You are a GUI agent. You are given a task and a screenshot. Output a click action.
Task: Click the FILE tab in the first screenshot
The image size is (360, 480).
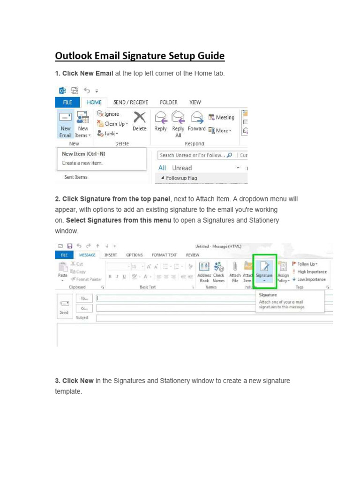coord(67,102)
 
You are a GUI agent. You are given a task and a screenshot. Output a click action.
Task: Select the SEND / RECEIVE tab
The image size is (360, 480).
coord(130,102)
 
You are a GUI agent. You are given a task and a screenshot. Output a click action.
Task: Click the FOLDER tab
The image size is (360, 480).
coord(168,102)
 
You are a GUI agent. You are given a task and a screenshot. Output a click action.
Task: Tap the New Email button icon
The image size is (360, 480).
coord(65,118)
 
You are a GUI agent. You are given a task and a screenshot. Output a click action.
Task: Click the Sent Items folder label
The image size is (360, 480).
coord(75,177)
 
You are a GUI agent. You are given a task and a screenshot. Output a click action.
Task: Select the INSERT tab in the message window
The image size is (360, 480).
coord(111,255)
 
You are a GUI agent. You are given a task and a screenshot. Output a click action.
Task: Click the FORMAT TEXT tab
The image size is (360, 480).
coord(164,255)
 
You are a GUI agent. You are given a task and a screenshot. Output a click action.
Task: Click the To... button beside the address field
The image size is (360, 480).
coord(84,298)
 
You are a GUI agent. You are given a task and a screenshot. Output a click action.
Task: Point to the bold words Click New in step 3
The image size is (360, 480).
coord(78,381)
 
